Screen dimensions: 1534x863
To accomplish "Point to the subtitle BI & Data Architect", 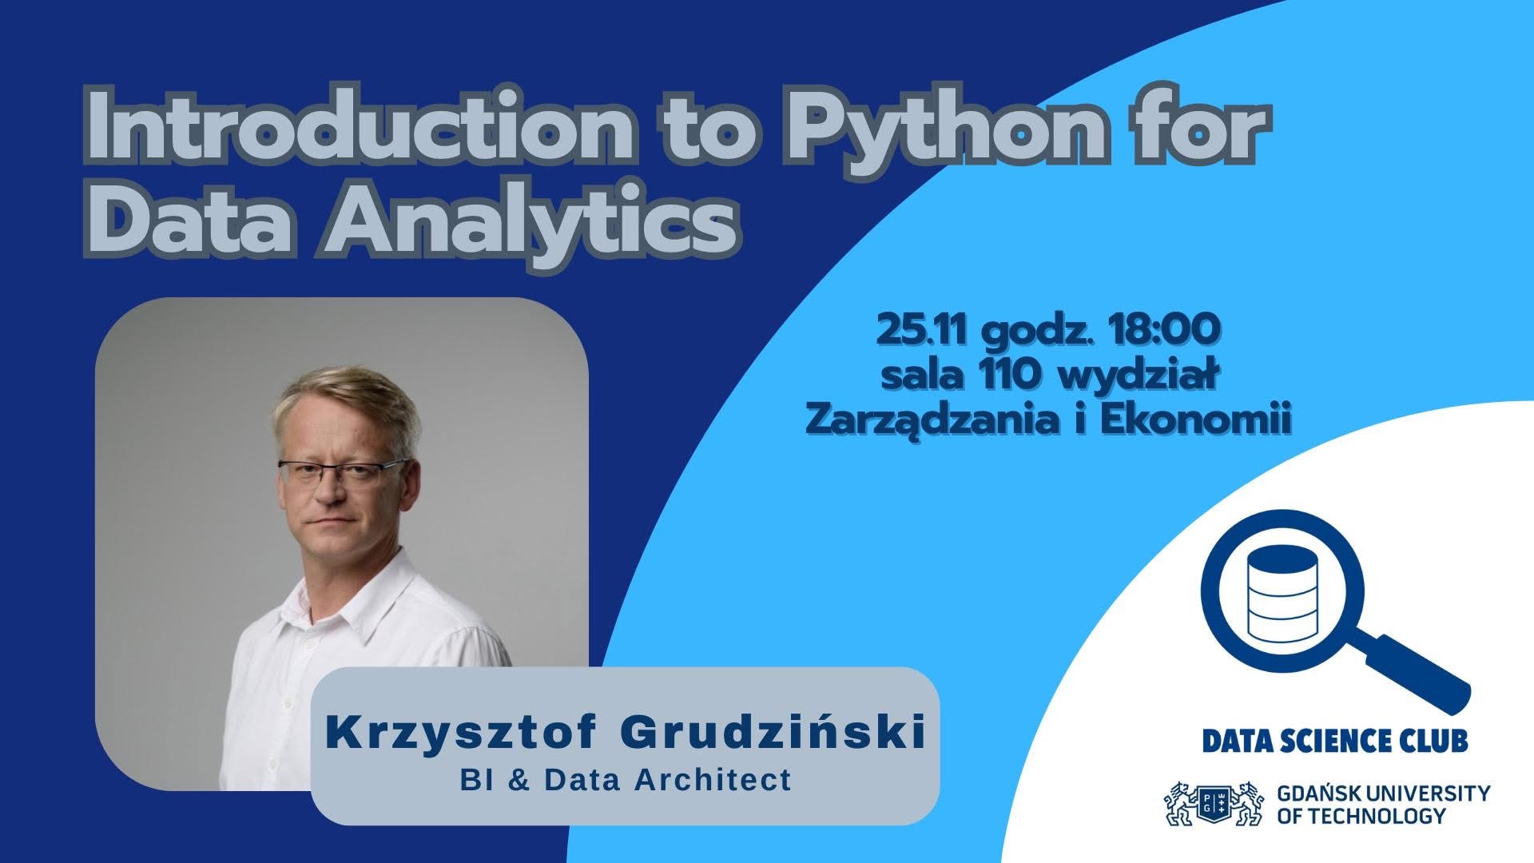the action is (626, 780).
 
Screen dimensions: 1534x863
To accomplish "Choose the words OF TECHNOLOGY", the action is (1361, 817).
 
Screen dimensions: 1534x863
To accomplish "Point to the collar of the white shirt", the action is (336, 607).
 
